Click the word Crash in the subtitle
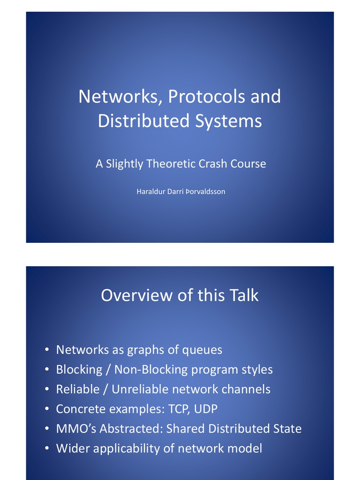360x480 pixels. [220, 164]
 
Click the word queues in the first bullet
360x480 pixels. [202, 350]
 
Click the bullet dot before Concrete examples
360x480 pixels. [47, 410]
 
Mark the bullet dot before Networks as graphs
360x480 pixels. [47, 351]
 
